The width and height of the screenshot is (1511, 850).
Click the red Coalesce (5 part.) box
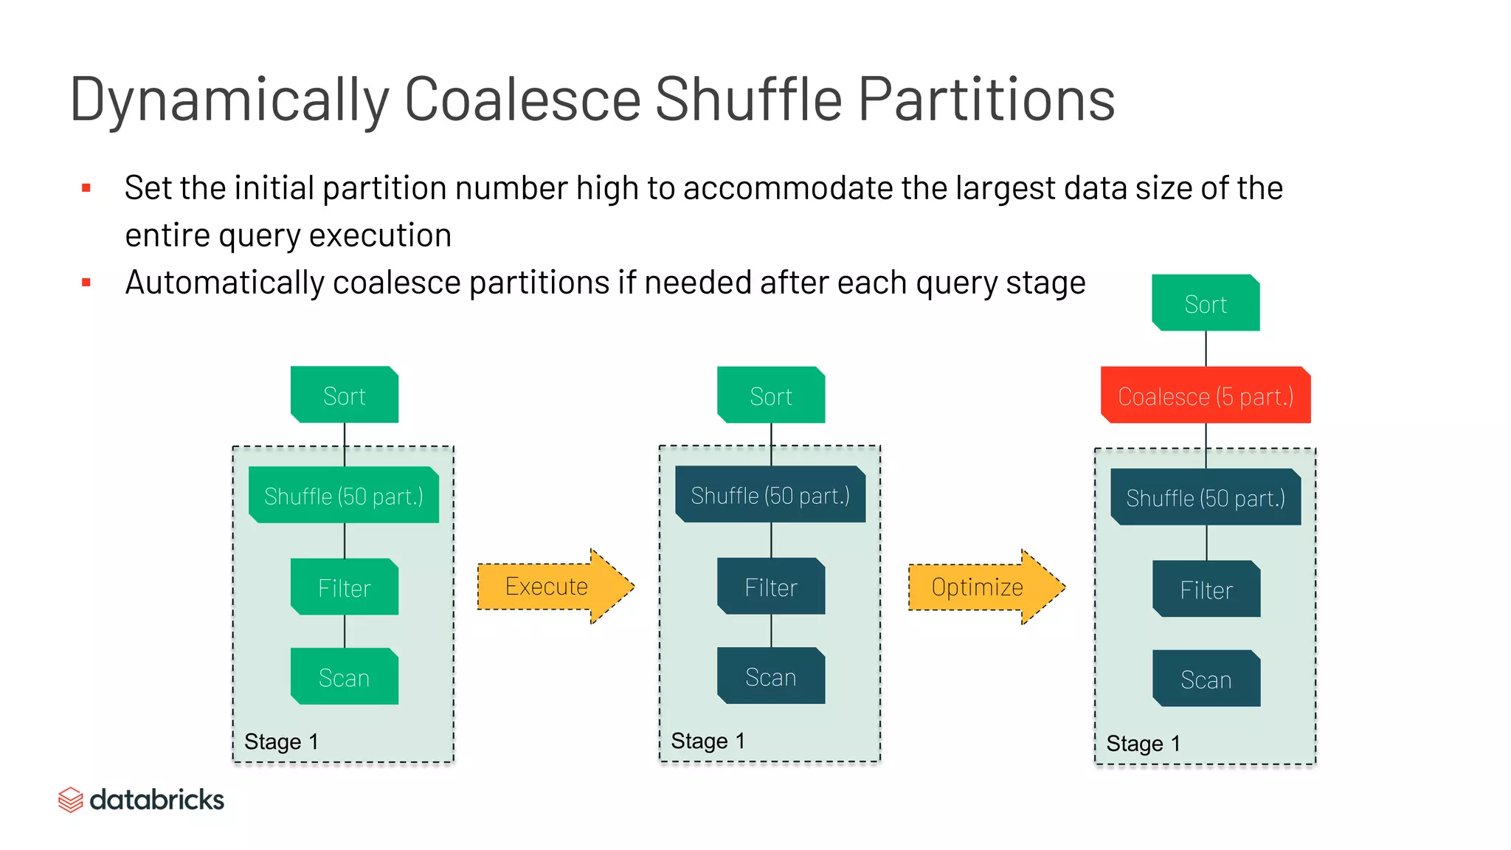point(1206,395)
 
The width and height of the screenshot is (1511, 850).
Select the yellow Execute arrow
point(550,587)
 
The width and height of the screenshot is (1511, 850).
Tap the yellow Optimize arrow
point(981,587)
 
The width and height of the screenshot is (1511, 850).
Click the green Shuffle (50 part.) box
point(344,496)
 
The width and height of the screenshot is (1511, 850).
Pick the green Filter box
point(345,587)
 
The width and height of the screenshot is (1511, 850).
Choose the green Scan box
point(345,677)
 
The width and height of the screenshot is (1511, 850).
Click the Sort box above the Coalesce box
point(1206,303)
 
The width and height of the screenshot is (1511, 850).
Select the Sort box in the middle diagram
point(771,395)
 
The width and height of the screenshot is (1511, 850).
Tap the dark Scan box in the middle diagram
point(771,677)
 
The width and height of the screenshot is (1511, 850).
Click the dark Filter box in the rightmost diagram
point(1206,590)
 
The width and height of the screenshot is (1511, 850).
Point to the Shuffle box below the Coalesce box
point(1206,498)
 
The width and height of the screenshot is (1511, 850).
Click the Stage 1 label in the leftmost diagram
point(281,742)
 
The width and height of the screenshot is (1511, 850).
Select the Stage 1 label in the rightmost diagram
point(1143,744)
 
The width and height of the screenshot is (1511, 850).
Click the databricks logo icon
point(71,800)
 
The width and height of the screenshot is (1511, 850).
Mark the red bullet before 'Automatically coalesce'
point(86,283)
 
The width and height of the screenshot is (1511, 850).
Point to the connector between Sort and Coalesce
point(1206,348)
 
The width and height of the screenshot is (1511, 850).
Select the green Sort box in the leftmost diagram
point(345,395)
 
